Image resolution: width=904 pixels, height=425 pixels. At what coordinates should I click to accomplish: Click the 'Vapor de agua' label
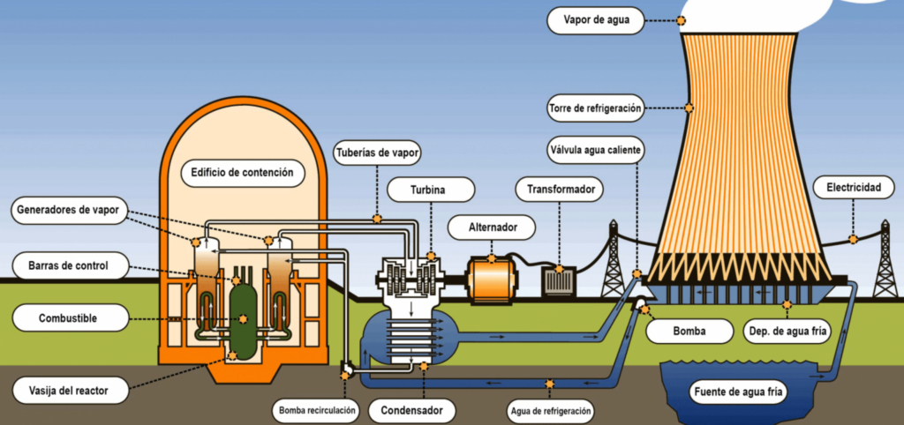(596, 21)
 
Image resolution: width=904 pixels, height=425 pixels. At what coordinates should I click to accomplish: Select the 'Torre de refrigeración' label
(596, 108)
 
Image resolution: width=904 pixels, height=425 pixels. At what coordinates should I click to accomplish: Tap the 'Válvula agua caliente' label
(596, 150)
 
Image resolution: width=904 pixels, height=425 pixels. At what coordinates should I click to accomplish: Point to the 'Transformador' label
(559, 189)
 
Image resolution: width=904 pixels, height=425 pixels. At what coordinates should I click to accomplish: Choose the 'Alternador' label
(492, 227)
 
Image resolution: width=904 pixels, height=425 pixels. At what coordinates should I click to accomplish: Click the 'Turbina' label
(431, 190)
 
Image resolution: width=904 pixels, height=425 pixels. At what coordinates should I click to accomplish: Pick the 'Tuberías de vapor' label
(377, 153)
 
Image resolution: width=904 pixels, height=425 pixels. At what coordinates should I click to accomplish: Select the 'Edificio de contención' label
(243, 173)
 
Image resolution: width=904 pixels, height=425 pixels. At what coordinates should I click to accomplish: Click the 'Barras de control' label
(69, 265)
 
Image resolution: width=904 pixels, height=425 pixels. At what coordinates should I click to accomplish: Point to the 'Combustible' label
(70, 318)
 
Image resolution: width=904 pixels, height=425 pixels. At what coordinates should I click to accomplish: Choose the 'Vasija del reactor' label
(70, 391)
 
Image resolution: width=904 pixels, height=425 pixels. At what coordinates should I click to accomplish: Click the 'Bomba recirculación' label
(316, 411)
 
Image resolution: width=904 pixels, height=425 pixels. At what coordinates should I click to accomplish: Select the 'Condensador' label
(411, 411)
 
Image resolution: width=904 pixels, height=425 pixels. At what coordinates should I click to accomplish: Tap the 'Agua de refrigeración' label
(550, 411)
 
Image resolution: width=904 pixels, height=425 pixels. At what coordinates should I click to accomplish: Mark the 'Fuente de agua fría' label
(739, 392)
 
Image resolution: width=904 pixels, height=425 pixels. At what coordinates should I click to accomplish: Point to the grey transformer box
(559, 281)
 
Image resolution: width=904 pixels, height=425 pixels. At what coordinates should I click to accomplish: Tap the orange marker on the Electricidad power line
(853, 239)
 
